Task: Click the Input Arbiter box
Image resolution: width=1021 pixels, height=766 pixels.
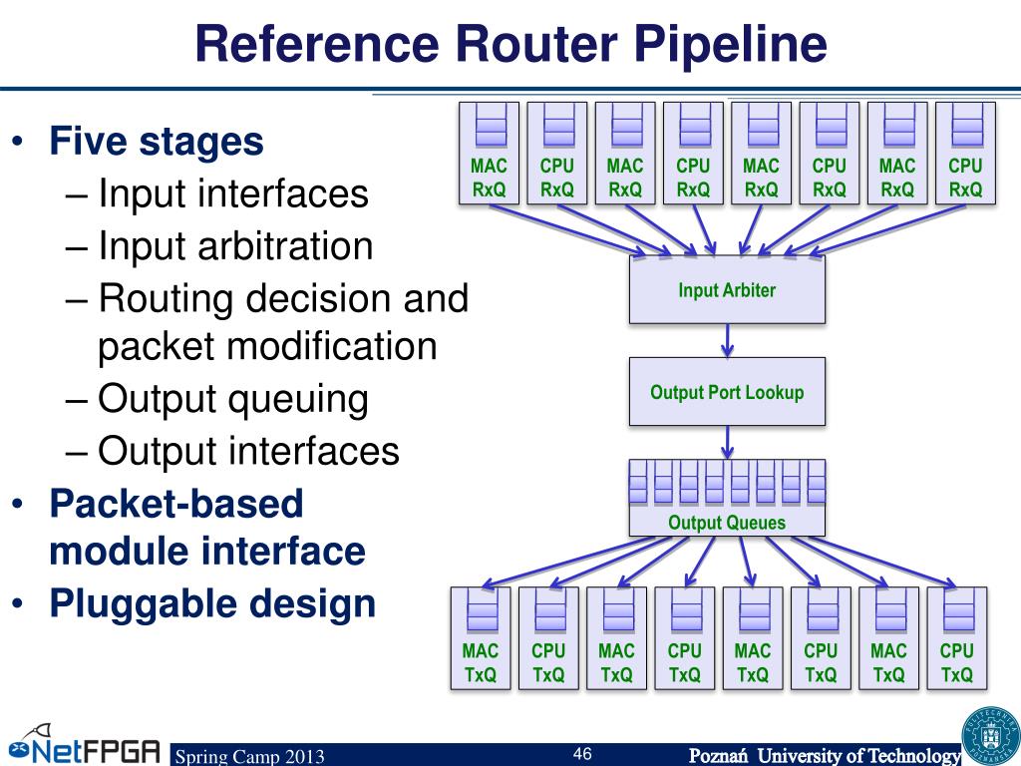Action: pos(727,290)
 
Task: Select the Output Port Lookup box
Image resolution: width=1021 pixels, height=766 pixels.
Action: pos(727,391)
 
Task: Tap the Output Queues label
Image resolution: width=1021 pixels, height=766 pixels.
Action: pos(727,523)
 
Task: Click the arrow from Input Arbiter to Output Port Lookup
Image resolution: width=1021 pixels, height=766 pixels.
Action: pos(727,341)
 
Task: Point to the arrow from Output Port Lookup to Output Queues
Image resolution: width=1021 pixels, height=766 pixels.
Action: pos(727,442)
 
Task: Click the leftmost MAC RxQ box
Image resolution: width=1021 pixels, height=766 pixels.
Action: pos(489,153)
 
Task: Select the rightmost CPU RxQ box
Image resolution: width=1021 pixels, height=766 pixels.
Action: pos(965,153)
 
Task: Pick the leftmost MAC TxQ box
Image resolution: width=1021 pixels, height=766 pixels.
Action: pos(481,638)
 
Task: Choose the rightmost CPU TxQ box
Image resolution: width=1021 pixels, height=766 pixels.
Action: pos(956,638)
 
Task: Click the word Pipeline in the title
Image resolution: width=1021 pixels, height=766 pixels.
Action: pos(730,44)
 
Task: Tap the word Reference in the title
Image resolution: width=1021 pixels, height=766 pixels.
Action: pos(318,44)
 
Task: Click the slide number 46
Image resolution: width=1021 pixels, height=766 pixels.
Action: pos(582,754)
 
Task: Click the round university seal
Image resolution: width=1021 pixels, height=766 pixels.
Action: pos(991,737)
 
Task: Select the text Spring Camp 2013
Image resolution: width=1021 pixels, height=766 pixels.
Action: pos(250,756)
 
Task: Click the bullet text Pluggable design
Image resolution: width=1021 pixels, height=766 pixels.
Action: pos(212,603)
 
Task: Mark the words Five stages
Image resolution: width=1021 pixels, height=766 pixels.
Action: pos(157,141)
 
